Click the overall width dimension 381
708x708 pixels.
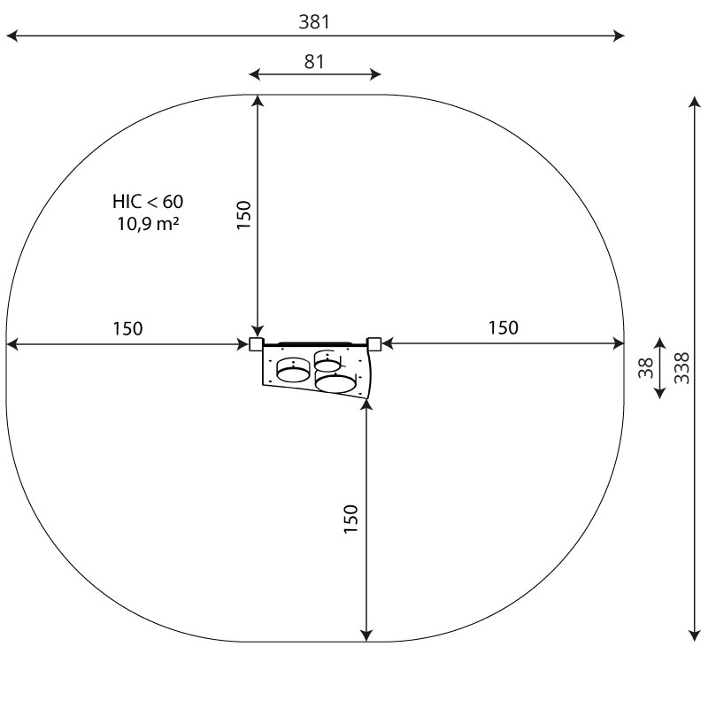pyautogui.click(x=314, y=21)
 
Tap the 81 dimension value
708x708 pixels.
pyautogui.click(x=314, y=62)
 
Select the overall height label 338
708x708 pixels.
pyautogui.click(x=681, y=368)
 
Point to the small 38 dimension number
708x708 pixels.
pyautogui.click(x=646, y=368)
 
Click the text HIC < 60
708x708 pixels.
pyautogui.click(x=148, y=202)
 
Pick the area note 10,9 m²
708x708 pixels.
pyautogui.click(x=148, y=224)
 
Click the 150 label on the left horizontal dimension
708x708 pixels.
pyautogui.click(x=127, y=328)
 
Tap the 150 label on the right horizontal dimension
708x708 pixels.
pyautogui.click(x=504, y=327)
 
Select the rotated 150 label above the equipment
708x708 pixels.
pyautogui.click(x=244, y=215)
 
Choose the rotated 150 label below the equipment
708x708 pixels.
pyautogui.click(x=350, y=519)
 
